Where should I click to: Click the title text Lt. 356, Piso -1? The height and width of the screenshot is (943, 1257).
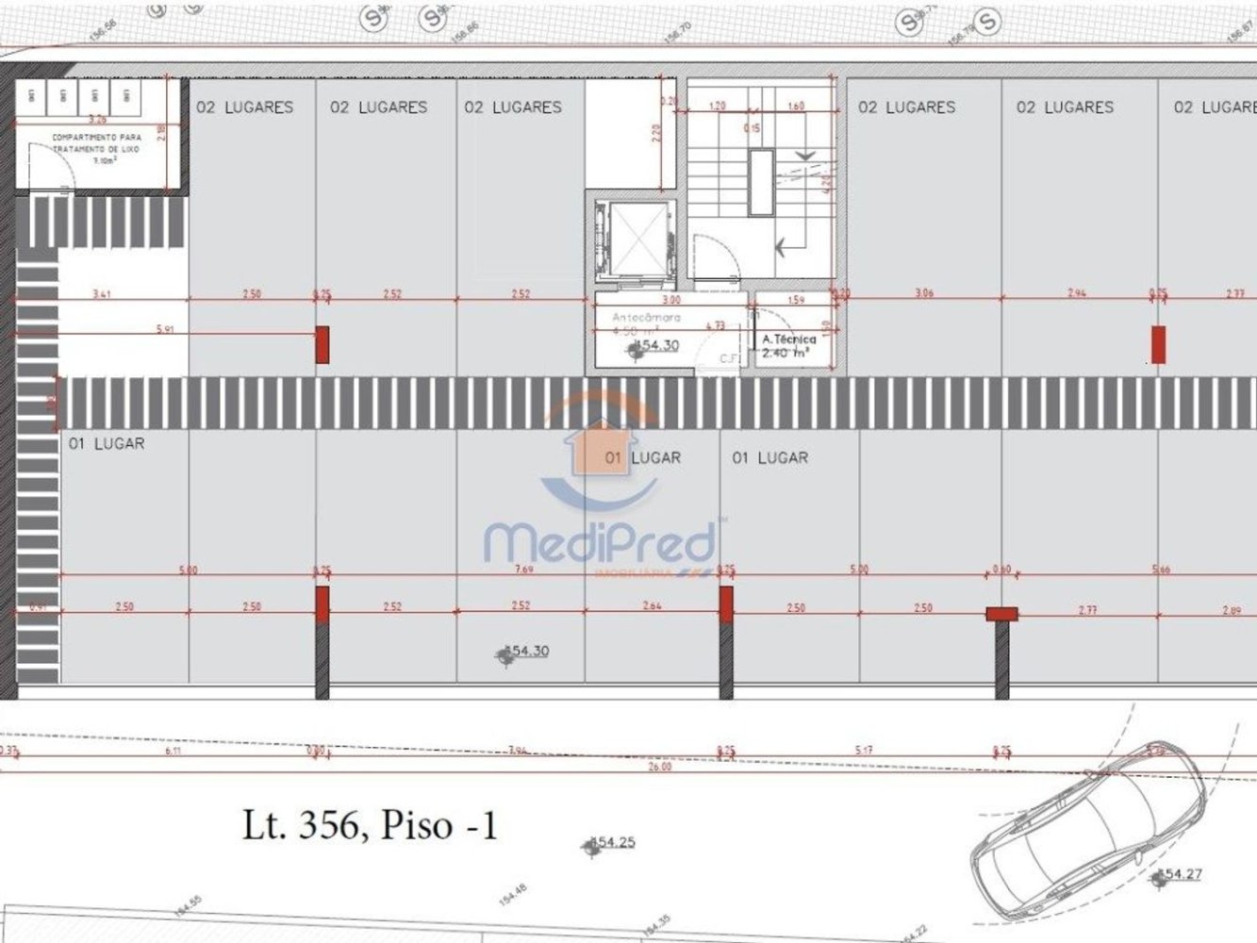tap(369, 826)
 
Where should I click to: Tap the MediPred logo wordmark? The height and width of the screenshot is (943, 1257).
tap(600, 542)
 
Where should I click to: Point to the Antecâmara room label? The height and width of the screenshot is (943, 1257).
tap(646, 318)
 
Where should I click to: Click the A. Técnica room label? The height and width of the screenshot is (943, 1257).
tap(788, 339)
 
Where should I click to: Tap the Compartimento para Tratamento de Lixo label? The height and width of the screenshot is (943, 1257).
tap(97, 144)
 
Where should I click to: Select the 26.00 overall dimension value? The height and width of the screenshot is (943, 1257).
tap(660, 768)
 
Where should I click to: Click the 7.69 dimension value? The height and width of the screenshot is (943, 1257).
tap(520, 570)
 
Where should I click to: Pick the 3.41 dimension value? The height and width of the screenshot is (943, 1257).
tap(102, 294)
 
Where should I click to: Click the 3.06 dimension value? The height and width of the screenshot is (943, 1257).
tap(923, 293)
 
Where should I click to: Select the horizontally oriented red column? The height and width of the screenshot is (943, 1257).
tap(1001, 614)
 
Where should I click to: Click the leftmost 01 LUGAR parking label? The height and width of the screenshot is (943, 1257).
tap(107, 443)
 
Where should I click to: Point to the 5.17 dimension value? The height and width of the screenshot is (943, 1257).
tap(864, 751)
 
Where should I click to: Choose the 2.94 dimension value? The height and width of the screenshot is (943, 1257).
tap(1076, 293)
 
